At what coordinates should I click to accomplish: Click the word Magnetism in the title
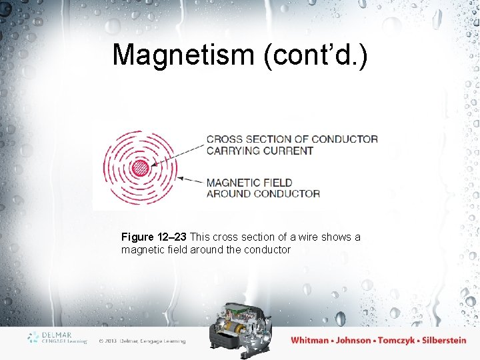point(184,55)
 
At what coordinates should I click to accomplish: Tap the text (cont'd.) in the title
point(315,55)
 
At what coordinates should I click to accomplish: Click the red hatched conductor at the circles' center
point(139,168)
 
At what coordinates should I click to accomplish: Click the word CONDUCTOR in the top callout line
point(344,139)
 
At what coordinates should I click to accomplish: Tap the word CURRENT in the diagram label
point(288,151)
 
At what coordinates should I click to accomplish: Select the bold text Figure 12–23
point(154,237)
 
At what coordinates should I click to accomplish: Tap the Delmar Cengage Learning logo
point(57,337)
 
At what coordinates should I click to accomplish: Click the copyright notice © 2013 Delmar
point(141,341)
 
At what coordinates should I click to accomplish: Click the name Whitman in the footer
point(309,340)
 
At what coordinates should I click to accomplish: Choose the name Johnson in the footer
point(353,340)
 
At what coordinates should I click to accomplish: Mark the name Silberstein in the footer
point(443,340)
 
